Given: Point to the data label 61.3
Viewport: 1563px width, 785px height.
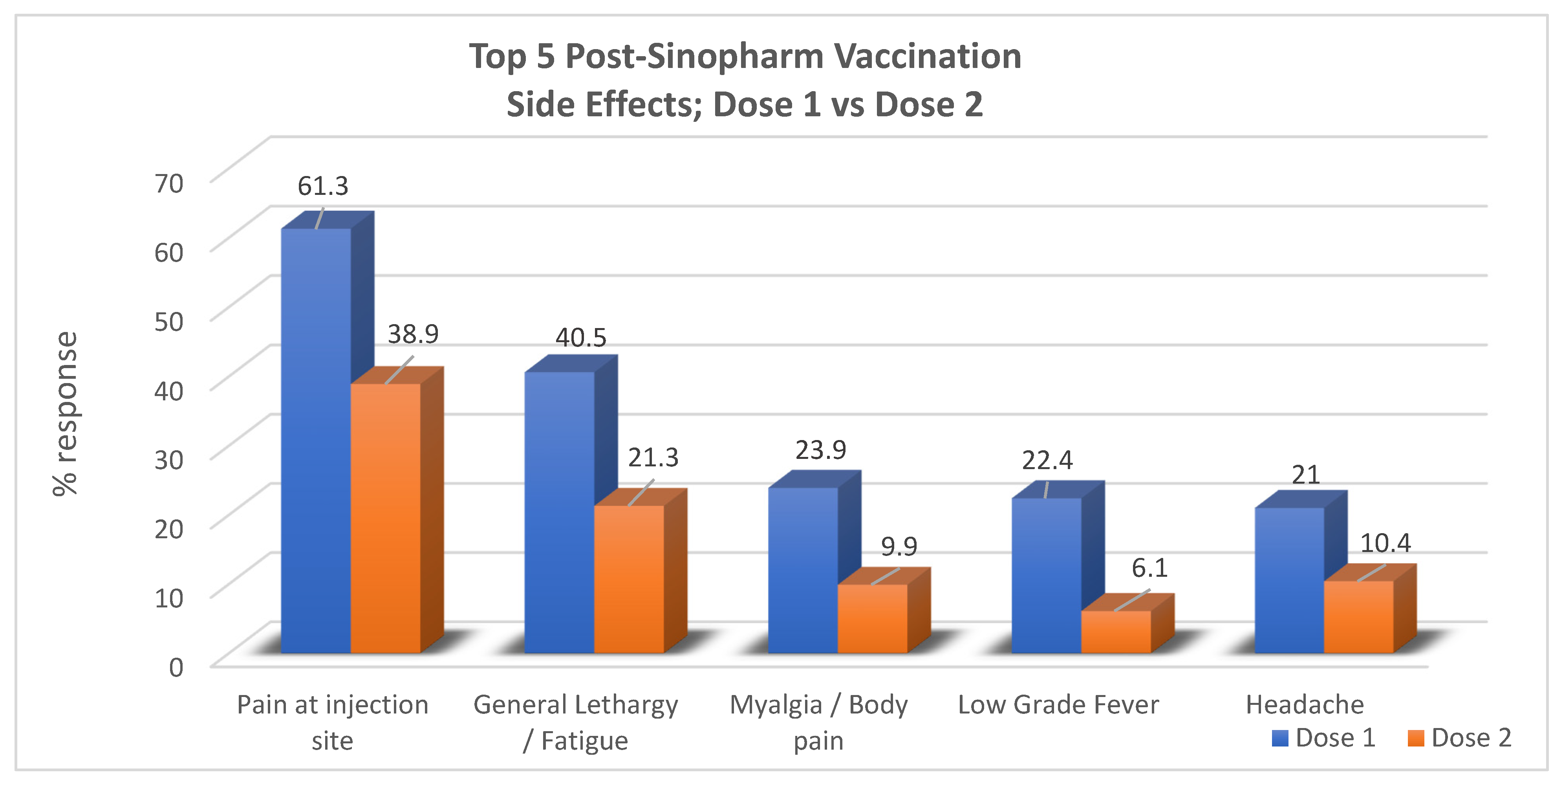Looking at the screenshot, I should click(x=323, y=186).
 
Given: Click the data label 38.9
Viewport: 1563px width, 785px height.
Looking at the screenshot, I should click(x=413, y=334).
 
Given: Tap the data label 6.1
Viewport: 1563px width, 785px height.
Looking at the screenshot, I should click(x=1149, y=568).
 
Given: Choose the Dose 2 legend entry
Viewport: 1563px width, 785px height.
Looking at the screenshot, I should click(x=1459, y=737).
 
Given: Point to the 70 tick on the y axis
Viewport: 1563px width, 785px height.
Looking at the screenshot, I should click(x=169, y=183).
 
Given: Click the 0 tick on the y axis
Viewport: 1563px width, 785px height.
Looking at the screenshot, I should click(x=176, y=667).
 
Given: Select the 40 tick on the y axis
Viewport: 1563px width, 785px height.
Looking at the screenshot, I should click(x=169, y=391).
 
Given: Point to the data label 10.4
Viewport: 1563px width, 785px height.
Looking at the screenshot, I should click(x=1385, y=543).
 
